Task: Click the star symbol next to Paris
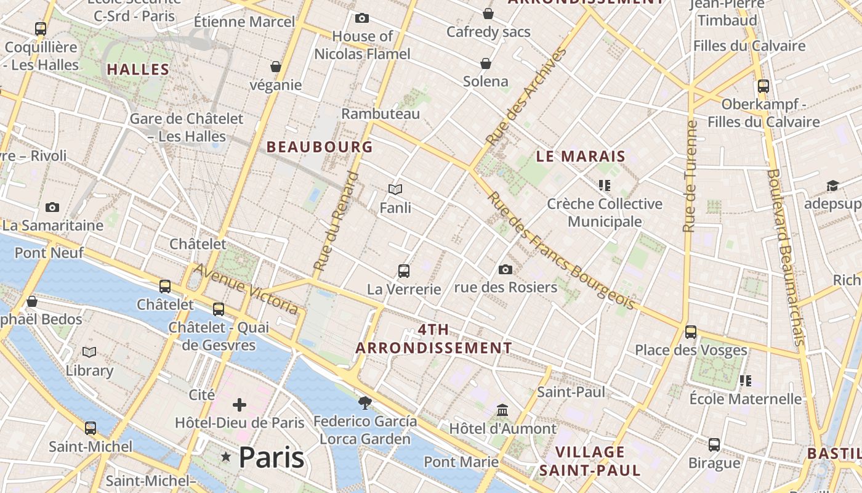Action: point(227,457)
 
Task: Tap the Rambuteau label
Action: point(381,113)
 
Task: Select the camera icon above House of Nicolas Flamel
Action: point(362,18)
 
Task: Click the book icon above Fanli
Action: point(395,189)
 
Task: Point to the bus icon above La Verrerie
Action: point(404,271)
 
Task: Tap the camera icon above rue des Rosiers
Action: point(506,269)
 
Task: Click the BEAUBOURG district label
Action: point(320,147)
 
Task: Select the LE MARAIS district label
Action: point(581,157)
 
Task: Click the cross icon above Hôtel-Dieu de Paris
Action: point(240,405)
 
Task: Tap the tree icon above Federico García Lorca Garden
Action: point(365,403)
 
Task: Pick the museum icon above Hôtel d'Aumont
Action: point(502,410)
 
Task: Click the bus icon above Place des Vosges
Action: point(691,332)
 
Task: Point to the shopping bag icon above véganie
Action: point(276,67)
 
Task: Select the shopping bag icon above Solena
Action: point(486,63)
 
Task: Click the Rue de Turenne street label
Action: point(690,176)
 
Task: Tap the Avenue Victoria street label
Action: point(246,289)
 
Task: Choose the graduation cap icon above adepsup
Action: point(832,186)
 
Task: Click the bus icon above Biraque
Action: point(714,444)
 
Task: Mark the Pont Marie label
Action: point(461,462)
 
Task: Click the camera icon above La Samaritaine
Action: point(52,208)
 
